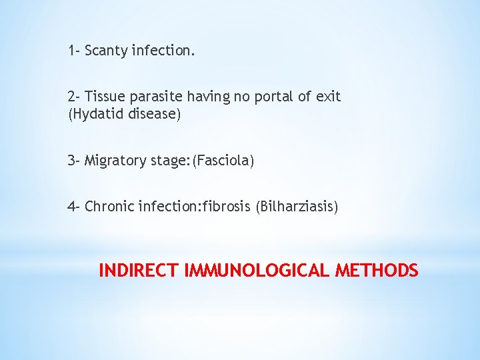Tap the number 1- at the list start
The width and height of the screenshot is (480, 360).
click(x=73, y=50)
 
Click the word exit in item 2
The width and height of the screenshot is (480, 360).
click(x=329, y=97)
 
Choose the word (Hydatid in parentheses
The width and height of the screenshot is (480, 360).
click(x=94, y=115)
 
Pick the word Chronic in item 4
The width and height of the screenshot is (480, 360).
click(x=109, y=207)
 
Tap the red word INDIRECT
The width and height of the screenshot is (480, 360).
click(x=139, y=271)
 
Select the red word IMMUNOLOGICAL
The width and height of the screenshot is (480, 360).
click(x=257, y=271)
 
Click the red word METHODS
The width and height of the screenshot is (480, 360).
click(x=377, y=271)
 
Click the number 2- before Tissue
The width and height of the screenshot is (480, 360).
click(x=74, y=97)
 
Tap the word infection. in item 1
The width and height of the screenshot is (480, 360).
click(x=164, y=51)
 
